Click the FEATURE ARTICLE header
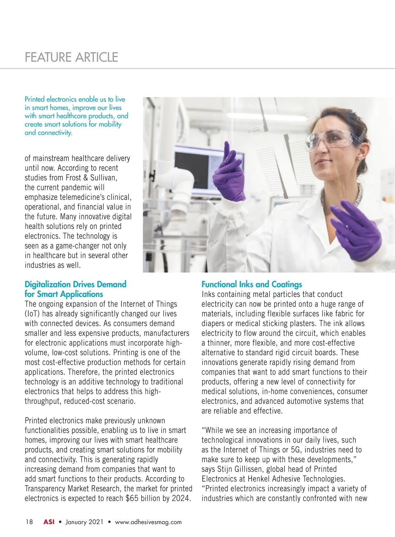tap(71, 57)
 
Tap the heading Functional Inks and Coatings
tap(251, 284)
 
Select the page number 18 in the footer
tap(29, 522)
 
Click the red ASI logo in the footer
tap(49, 522)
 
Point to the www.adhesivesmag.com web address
tap(148, 522)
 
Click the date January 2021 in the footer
tap(84, 522)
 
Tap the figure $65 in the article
tap(132, 498)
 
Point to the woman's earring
tap(358, 158)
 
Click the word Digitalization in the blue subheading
tap(47, 284)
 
